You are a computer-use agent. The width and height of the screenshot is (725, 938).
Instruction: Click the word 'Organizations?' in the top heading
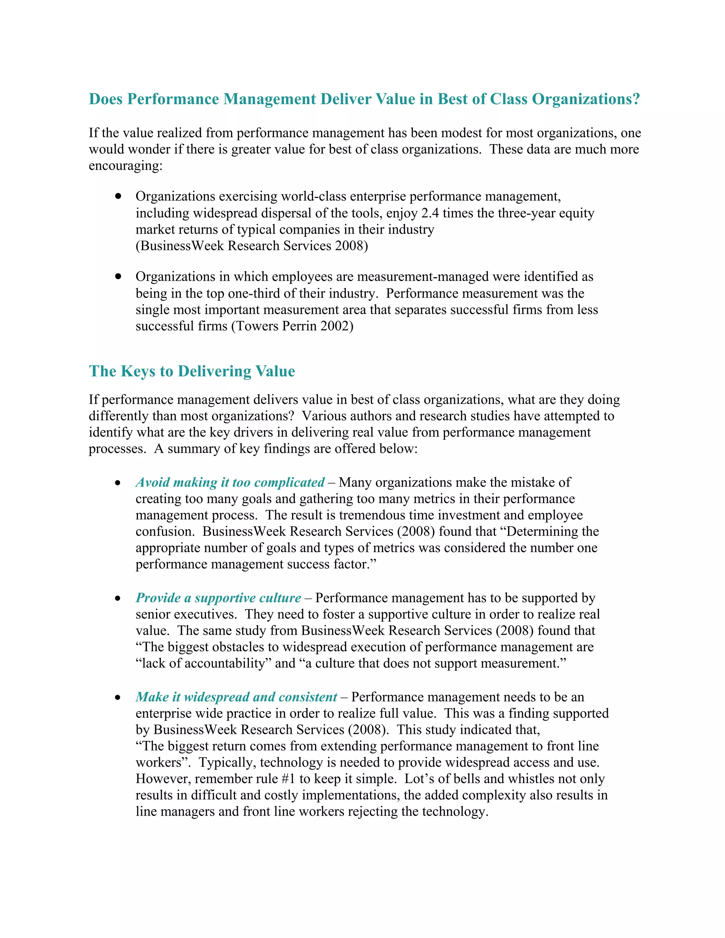pos(586,99)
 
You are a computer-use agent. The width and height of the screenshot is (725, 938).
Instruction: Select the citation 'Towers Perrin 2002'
pos(292,326)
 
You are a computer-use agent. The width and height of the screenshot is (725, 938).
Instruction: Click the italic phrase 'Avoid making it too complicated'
pos(230,482)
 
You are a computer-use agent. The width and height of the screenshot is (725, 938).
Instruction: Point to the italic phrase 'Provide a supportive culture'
pos(218,598)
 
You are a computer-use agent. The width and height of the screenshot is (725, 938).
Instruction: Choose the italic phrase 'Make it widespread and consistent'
pos(236,697)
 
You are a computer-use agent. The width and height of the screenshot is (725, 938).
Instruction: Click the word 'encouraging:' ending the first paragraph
pos(125,166)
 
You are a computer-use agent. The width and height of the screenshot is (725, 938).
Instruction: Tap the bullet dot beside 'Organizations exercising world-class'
pos(118,196)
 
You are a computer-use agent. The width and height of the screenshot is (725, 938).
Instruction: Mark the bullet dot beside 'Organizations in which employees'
pos(118,276)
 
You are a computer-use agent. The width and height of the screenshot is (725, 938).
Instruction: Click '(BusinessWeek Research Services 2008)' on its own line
pos(252,246)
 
